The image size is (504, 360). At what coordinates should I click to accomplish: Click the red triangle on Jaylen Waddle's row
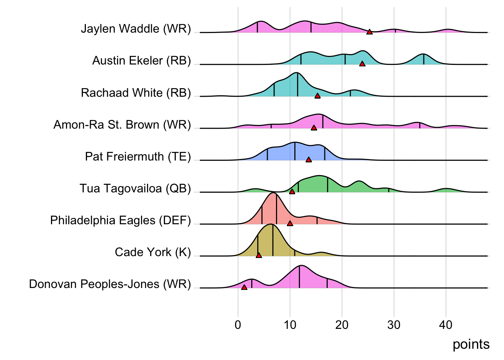tap(369, 32)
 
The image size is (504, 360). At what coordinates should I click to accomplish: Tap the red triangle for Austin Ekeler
tap(362, 64)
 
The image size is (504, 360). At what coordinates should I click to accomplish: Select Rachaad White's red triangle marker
tap(318, 96)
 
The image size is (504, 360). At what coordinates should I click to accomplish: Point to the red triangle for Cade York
tap(259, 255)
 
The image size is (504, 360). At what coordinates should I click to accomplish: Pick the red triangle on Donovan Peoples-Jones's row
tap(244, 287)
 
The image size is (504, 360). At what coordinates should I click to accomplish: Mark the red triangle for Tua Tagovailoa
tap(292, 192)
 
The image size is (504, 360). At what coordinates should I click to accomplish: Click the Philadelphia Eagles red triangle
tap(290, 223)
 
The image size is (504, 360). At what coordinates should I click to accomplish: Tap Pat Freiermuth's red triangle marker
tap(309, 160)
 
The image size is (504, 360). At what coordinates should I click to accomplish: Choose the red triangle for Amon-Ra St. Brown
tap(314, 128)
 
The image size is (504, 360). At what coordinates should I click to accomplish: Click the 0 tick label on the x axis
tap(238, 325)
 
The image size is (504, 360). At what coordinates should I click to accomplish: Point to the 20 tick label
tap(342, 325)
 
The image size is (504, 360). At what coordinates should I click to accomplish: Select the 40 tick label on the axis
tap(445, 325)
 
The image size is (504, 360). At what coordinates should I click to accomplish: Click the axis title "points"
tap(471, 344)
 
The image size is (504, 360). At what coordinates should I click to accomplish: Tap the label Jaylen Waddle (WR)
tap(136, 29)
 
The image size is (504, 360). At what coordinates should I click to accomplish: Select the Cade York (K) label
tap(153, 252)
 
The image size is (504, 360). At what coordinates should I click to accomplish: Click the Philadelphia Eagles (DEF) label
tap(121, 220)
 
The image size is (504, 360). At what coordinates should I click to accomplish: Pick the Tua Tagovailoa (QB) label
tap(135, 188)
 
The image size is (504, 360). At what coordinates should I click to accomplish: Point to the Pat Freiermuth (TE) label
tap(138, 156)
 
